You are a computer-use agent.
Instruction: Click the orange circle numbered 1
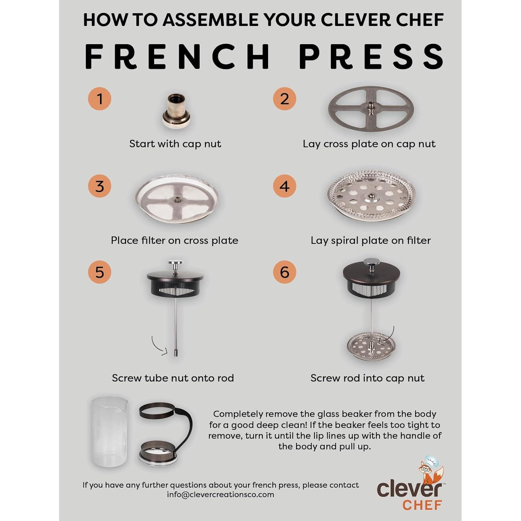click(x=100, y=99)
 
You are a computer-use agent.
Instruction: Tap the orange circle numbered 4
click(x=284, y=186)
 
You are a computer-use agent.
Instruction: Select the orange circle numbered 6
click(x=284, y=272)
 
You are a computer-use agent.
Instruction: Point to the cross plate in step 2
click(x=371, y=109)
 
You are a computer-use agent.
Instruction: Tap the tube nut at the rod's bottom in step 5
click(x=176, y=352)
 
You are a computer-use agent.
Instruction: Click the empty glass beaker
click(x=109, y=432)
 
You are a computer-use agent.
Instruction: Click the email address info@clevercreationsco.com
click(x=220, y=495)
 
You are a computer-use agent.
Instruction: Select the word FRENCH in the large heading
click(x=177, y=57)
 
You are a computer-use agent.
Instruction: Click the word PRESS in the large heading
click(x=372, y=57)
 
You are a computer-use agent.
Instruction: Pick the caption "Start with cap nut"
click(x=175, y=144)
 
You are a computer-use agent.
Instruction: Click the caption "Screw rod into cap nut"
click(x=367, y=378)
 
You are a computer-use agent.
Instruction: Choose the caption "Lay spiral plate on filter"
click(x=371, y=240)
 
